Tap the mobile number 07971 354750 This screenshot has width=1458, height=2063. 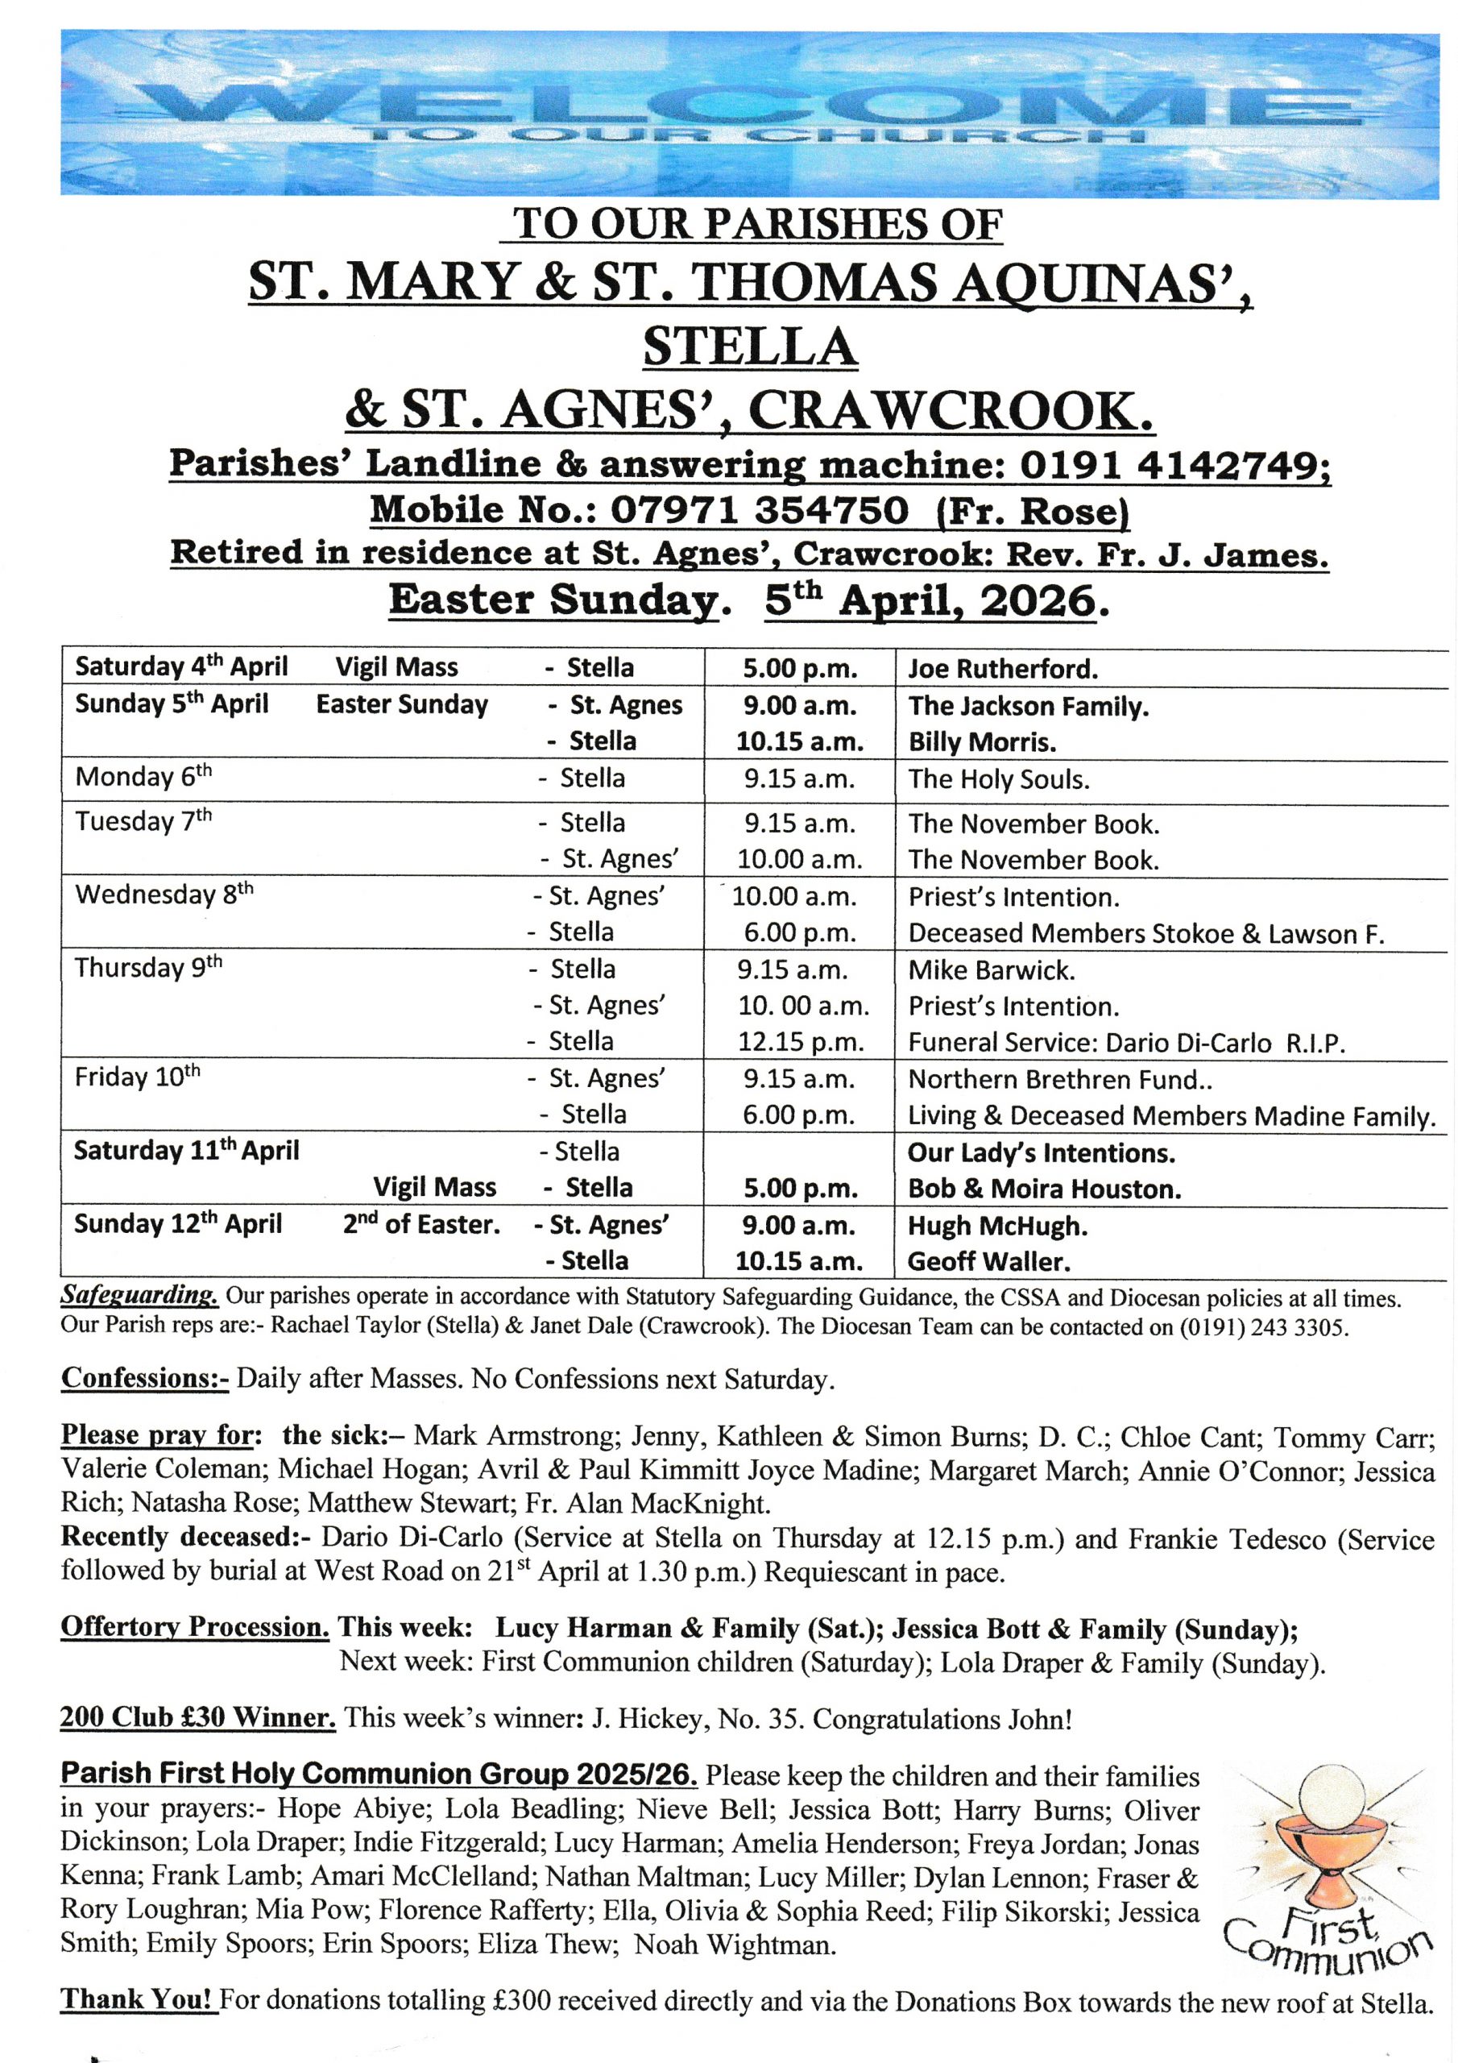pyautogui.click(x=760, y=510)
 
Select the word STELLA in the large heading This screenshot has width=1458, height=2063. pyautogui.click(x=750, y=347)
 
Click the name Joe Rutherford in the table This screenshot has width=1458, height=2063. pyautogui.click(x=1003, y=669)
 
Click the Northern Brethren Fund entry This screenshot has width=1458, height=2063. pyautogui.click(x=1060, y=1079)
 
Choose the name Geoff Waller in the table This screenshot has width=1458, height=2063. pyautogui.click(x=989, y=1261)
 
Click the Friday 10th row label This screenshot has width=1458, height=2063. pyautogui.click(x=138, y=1077)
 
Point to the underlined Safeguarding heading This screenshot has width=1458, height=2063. pyautogui.click(x=139, y=1297)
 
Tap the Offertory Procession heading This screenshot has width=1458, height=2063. pyautogui.click(x=195, y=1627)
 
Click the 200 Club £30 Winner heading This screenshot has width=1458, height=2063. pyautogui.click(x=197, y=1717)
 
